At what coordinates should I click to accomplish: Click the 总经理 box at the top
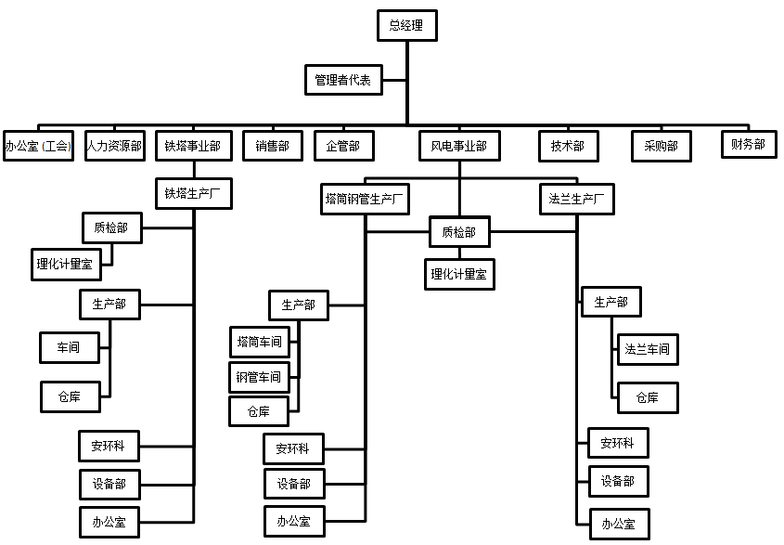click(x=406, y=25)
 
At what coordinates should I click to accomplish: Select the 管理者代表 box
click(x=342, y=80)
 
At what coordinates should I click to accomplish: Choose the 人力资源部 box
click(x=114, y=146)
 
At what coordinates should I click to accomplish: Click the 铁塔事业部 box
click(x=193, y=146)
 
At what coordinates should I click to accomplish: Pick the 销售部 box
click(x=272, y=146)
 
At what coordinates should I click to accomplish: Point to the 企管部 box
click(x=343, y=146)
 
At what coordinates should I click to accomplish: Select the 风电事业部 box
click(x=458, y=146)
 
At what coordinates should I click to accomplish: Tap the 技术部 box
click(x=568, y=146)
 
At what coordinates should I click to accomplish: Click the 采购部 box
click(x=661, y=146)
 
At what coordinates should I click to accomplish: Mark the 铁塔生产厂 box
click(x=193, y=194)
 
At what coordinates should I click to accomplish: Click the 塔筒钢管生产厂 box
click(x=365, y=199)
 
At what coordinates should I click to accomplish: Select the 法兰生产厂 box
click(x=576, y=199)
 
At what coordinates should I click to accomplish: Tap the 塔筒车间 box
click(x=259, y=341)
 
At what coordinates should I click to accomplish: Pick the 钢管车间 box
click(x=259, y=376)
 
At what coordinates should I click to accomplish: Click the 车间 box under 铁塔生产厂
click(x=69, y=347)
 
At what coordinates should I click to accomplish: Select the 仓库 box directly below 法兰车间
click(x=648, y=397)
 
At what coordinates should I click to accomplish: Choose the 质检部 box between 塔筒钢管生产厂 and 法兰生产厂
click(x=458, y=232)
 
